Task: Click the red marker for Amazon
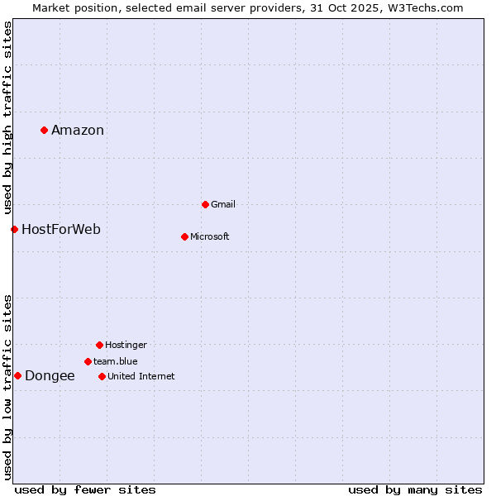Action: coord(44,130)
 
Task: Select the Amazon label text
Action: coord(78,130)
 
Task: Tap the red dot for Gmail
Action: coord(205,204)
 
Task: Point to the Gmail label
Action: coord(223,204)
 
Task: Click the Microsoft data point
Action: coord(184,236)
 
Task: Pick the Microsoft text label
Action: coord(209,236)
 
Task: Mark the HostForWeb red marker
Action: coord(14,229)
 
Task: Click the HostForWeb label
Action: coord(61,229)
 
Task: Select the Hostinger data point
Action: coord(99,345)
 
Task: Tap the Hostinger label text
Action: coord(126,345)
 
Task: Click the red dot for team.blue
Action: coord(88,361)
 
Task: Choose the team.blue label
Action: coord(115,361)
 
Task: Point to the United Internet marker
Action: coord(102,376)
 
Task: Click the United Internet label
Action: coord(141,376)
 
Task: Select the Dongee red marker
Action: coord(17,375)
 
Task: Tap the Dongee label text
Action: coord(50,375)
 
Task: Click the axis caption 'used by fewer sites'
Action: coord(85,489)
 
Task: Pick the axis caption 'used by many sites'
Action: coord(415,489)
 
